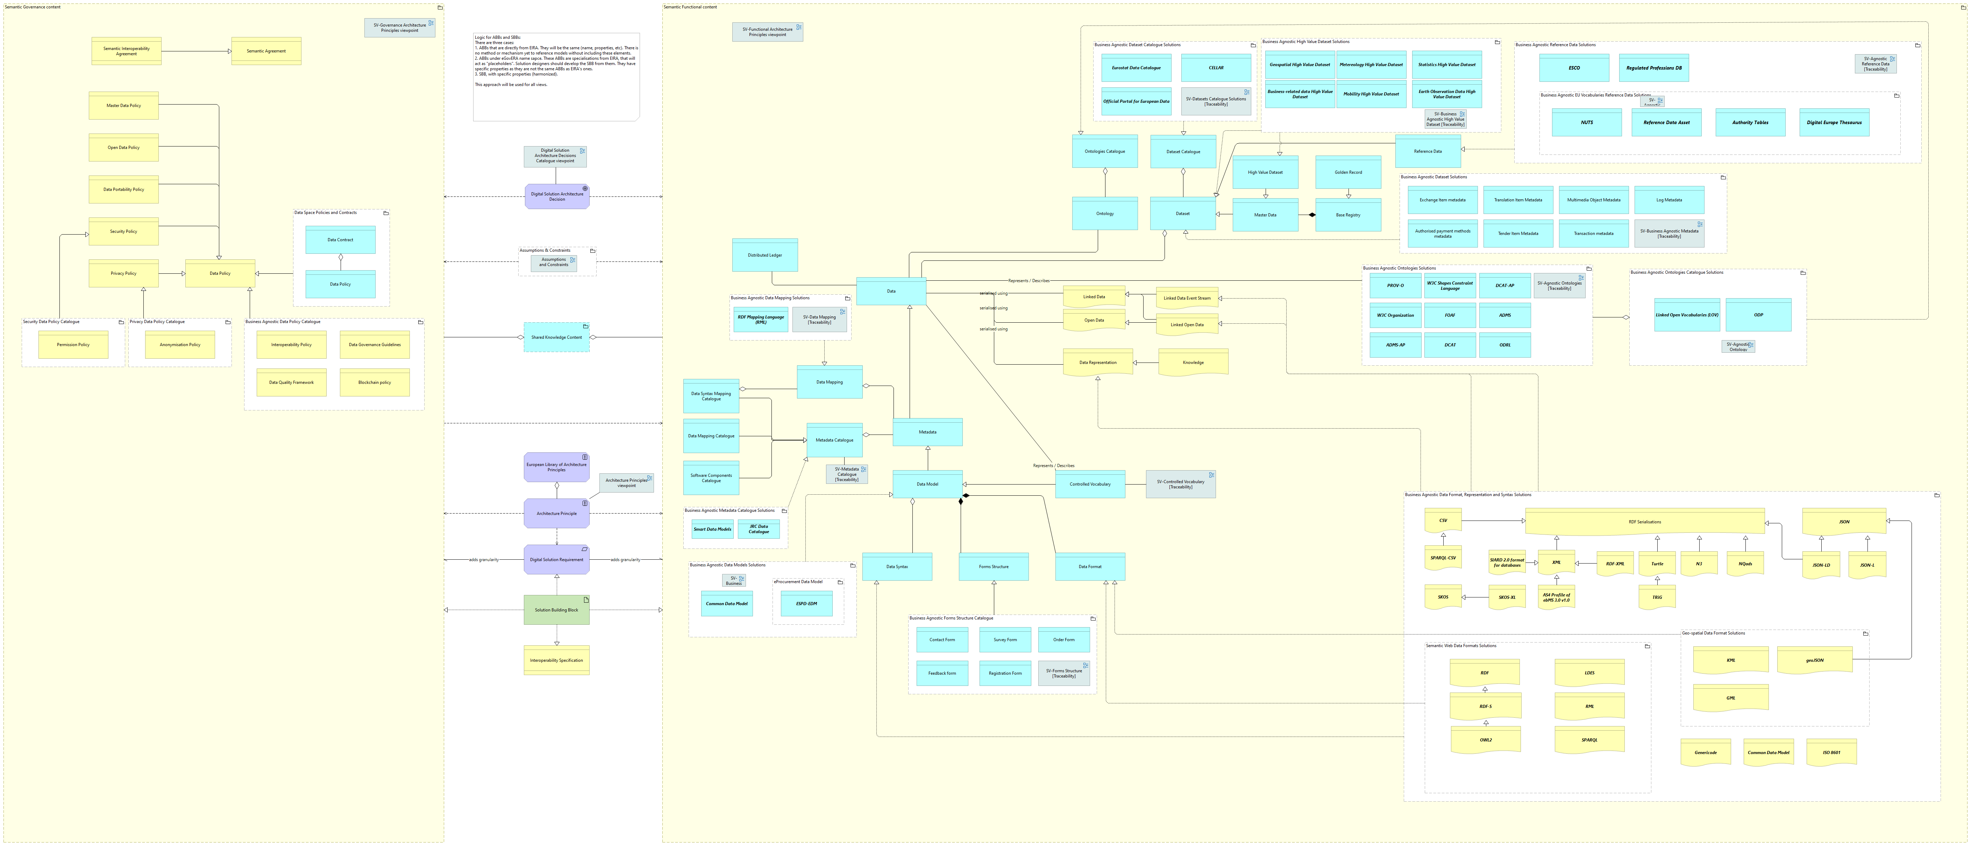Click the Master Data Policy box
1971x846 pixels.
[123, 106]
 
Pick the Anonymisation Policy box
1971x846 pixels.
[180, 345]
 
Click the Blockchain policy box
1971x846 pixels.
[374, 382]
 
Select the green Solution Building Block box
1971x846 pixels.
[556, 610]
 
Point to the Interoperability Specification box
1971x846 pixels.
[556, 661]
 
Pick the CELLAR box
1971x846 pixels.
[1216, 68]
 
